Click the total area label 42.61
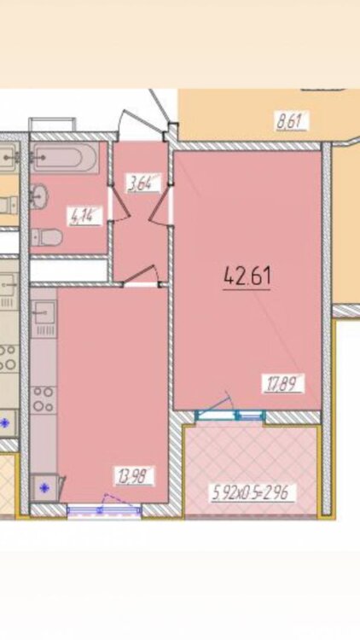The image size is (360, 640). (x=247, y=276)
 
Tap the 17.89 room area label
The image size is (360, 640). (x=283, y=384)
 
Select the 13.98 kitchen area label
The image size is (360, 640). (x=133, y=476)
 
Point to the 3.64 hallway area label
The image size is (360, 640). (x=143, y=183)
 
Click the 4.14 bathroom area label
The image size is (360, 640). (x=85, y=216)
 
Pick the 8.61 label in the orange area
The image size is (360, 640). (x=290, y=122)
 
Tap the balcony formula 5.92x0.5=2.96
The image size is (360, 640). (x=253, y=492)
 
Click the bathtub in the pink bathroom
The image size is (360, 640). (x=66, y=157)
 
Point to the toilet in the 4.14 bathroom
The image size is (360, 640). (x=47, y=237)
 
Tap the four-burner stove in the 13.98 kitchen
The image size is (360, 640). (x=44, y=399)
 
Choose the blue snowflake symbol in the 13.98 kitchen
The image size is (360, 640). (x=44, y=487)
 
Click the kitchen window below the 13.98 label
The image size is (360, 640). (x=104, y=509)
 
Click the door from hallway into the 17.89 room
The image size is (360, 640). (x=160, y=208)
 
